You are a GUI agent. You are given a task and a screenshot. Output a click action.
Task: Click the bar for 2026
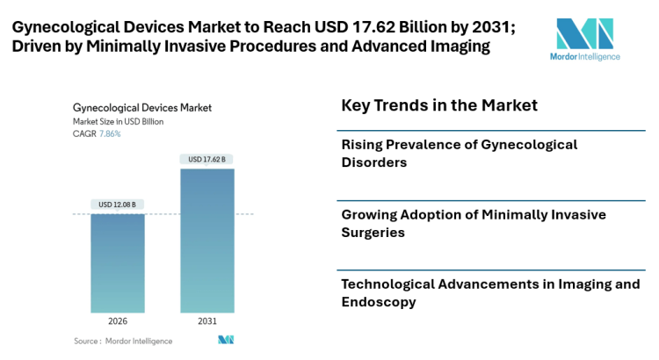tap(118, 263)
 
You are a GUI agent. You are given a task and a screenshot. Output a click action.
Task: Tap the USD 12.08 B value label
tap(118, 205)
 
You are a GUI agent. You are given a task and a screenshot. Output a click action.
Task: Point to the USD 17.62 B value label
tap(207, 159)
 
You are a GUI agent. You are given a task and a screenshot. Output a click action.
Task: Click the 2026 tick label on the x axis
tap(118, 321)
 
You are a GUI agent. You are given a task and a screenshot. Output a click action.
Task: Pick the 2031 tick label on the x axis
tap(207, 321)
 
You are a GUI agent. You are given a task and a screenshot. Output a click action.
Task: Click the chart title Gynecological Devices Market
tap(142, 108)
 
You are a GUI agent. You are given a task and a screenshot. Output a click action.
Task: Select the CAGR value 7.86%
tap(110, 133)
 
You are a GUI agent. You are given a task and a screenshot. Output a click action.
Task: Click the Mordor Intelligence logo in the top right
tap(588, 40)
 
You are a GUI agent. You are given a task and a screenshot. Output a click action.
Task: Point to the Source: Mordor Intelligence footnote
tap(123, 341)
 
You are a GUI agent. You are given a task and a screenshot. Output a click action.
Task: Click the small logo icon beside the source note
tap(226, 340)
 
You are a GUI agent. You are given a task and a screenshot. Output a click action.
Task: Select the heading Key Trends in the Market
tap(438, 105)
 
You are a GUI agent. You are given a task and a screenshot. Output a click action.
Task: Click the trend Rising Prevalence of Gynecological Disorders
tap(459, 153)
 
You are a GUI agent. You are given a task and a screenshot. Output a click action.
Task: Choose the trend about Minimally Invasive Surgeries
tap(473, 223)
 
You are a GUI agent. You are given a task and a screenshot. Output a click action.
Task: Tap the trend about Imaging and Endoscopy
tap(489, 292)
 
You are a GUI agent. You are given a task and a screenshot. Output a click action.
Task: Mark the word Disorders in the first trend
tap(375, 162)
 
